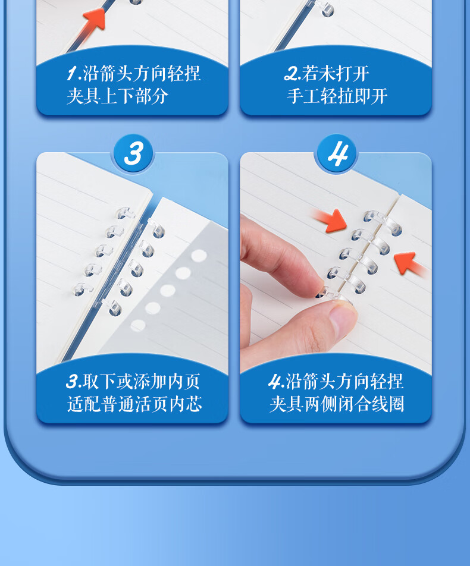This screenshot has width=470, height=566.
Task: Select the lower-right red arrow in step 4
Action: coord(410,264)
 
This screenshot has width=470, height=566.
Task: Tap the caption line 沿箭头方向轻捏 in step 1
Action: coord(142,74)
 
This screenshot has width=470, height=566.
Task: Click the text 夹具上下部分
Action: coord(118,96)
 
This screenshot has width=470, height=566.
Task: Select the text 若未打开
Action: coord(336,74)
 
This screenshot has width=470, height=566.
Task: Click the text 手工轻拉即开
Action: coord(337,96)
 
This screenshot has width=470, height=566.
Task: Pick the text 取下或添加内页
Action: coord(141,382)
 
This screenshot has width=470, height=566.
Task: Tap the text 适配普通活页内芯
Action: coord(134,404)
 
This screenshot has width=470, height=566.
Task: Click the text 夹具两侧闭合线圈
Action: coord(337,404)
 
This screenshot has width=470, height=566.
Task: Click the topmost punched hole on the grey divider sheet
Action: coord(199,256)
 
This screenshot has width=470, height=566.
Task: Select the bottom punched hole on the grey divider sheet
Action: coord(137,326)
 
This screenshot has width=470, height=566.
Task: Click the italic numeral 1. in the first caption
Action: coord(74,74)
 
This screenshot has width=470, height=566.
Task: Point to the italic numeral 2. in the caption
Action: coord(293,74)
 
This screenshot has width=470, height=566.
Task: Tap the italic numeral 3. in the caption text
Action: coord(74,382)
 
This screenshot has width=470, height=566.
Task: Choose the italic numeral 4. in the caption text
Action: coord(277,382)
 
